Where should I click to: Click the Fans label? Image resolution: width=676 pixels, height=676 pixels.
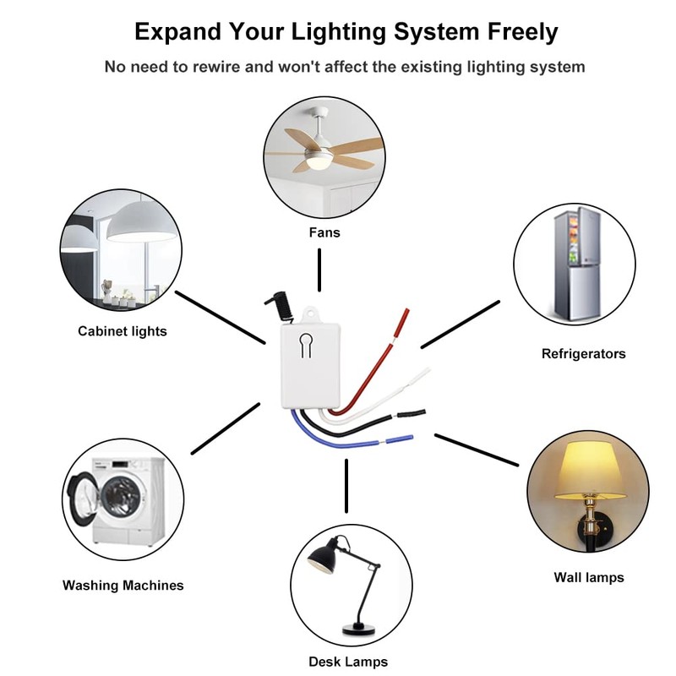[x=324, y=232]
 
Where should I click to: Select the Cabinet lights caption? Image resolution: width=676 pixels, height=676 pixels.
[x=123, y=331]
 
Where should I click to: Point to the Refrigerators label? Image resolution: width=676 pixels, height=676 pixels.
[x=583, y=353]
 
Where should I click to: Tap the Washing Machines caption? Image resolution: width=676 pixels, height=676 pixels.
[x=123, y=585]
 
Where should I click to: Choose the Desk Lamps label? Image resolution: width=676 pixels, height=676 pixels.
[x=348, y=662]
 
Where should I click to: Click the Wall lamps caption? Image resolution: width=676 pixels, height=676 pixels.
[x=589, y=577]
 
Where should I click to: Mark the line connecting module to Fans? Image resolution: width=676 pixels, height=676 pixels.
[x=319, y=270]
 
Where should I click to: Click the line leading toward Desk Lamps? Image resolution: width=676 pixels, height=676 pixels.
[x=346, y=486]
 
